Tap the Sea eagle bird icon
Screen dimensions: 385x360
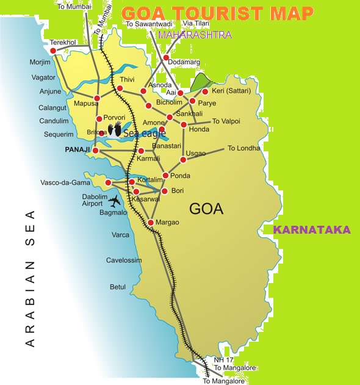[115, 129]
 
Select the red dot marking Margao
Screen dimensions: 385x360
[150, 223]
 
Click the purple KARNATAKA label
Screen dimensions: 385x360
[311, 230]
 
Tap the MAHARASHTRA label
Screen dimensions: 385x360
[195, 35]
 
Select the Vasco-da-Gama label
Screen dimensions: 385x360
[60, 182]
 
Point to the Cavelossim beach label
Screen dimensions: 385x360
[124, 261]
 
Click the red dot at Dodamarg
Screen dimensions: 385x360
[165, 57]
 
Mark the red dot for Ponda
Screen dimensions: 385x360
[165, 176]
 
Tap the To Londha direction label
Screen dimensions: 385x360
[243, 148]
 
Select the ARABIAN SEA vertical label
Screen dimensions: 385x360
[31, 278]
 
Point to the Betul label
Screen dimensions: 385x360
[117, 287]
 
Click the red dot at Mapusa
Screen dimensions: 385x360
[97, 98]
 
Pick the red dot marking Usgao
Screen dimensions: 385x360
[182, 160]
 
